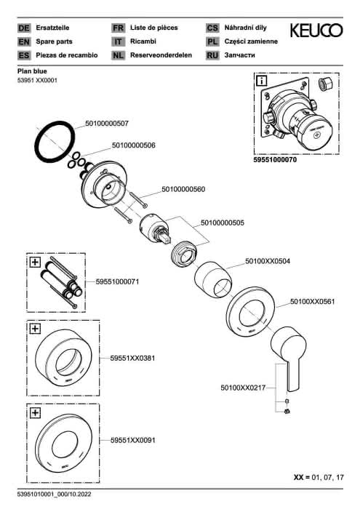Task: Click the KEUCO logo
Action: tap(316, 31)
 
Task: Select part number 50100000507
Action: tap(107, 124)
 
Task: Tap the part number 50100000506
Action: tap(133, 145)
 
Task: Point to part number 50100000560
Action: tap(183, 189)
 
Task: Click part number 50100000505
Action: tap(223, 223)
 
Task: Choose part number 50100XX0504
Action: tap(268, 261)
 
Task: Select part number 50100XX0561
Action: tap(312, 301)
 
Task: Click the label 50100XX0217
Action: tap(243, 388)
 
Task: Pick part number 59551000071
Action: tap(117, 281)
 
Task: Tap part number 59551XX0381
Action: tap(132, 358)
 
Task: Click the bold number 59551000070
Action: tap(275, 160)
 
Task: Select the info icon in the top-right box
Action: tap(261, 81)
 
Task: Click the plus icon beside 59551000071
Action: tap(35, 262)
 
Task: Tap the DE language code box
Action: tap(24, 28)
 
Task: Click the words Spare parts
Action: tap(55, 41)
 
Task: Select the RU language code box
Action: tap(212, 55)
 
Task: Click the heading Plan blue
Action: tap(32, 71)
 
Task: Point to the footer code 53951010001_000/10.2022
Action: tap(55, 494)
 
